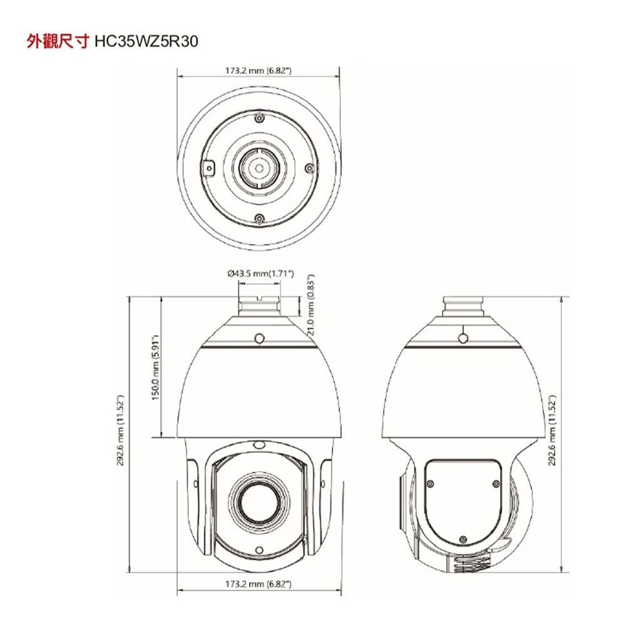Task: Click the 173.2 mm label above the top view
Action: (x=259, y=70)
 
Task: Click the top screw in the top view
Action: (x=259, y=118)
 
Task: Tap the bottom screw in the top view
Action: (x=259, y=218)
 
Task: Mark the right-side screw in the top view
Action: (x=308, y=168)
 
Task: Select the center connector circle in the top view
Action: (x=259, y=168)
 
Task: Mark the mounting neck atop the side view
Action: (x=463, y=307)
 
